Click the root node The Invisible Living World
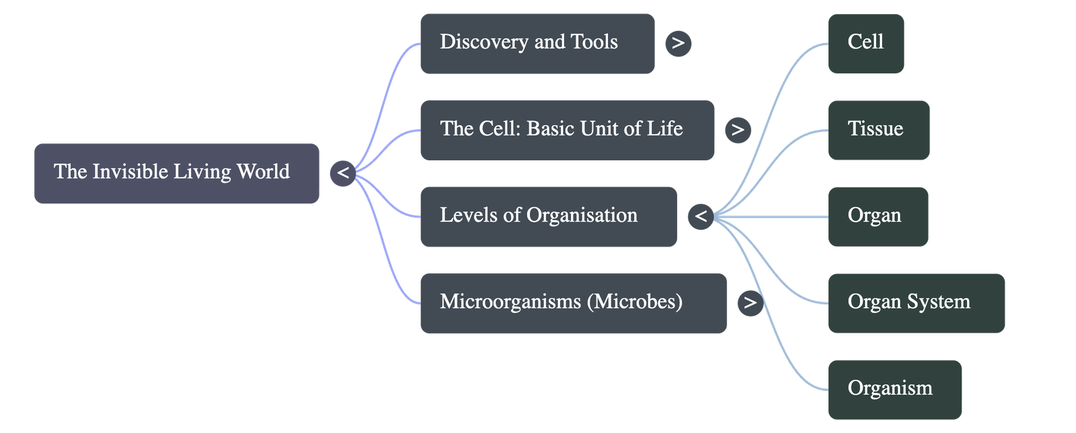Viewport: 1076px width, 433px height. (x=176, y=173)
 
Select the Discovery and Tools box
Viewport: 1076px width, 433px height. (x=537, y=43)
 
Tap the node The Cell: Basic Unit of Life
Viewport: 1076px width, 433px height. (x=566, y=130)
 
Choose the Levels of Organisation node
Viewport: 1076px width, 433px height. (x=547, y=216)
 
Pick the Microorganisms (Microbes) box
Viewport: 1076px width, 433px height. (x=572, y=302)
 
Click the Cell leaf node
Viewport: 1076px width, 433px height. (x=866, y=43)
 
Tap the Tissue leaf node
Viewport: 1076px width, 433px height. (x=878, y=130)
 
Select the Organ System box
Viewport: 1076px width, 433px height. (x=916, y=302)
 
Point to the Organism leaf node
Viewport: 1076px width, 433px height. (x=894, y=389)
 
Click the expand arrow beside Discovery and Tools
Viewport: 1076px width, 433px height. (x=678, y=44)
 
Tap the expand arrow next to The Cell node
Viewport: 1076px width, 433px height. (x=738, y=129)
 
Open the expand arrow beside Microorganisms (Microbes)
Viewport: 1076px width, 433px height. (x=750, y=302)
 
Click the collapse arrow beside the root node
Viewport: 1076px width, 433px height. (x=342, y=173)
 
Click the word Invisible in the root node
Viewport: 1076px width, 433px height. (x=130, y=172)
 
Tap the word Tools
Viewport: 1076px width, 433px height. (x=594, y=42)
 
